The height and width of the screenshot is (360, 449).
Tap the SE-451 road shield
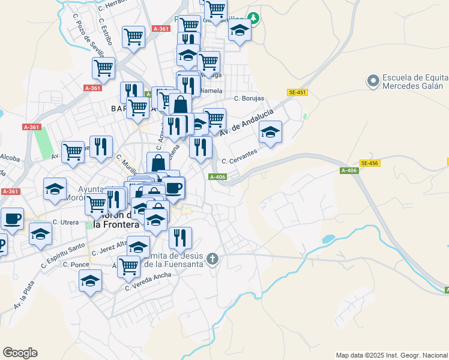coord(298,92)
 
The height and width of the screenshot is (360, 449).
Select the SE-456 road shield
coord(369,163)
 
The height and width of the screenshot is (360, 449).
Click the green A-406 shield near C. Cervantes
coord(217,176)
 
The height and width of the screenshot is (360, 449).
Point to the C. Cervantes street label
coord(240,157)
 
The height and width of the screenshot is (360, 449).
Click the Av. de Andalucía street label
coord(247,122)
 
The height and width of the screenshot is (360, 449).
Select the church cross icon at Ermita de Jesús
coord(212,259)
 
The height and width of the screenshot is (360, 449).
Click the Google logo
coord(20,353)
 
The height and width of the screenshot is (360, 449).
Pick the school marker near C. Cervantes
coord(270,133)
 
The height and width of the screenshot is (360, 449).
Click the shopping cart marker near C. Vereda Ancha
coord(128,266)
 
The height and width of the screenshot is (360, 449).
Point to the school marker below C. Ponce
coord(90,281)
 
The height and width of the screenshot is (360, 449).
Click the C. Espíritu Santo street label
coord(62,255)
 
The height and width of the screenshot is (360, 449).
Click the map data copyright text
coord(391,355)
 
